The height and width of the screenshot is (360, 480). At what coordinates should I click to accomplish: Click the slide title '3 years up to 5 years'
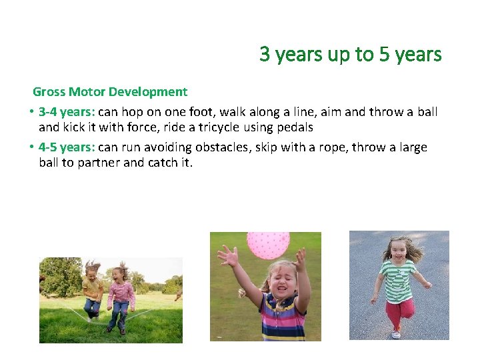351,54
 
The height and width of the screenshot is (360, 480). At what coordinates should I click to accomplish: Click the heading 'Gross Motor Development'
110,92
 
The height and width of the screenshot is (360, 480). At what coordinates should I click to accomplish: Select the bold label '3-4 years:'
67,112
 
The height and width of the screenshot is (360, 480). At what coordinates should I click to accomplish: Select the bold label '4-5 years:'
67,147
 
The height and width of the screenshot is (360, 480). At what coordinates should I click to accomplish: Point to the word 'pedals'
295,127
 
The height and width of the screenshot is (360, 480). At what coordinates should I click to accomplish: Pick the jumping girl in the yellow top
93,290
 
